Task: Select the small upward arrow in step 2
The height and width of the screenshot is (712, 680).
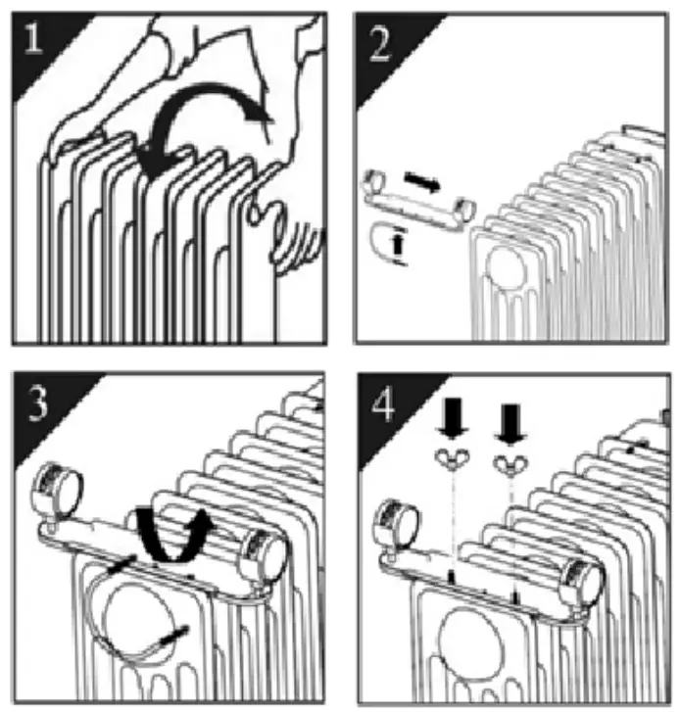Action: pyautogui.click(x=399, y=244)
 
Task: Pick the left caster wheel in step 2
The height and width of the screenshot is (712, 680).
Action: pyautogui.click(x=374, y=181)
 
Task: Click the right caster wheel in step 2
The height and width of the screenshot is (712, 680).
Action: pyautogui.click(x=464, y=208)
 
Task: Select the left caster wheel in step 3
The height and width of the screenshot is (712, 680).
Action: pyautogui.click(x=57, y=487)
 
